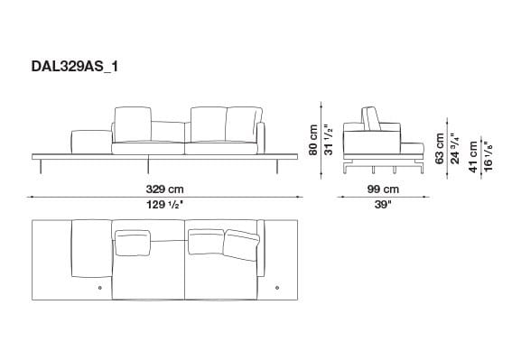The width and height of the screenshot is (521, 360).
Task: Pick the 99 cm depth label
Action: point(383,189)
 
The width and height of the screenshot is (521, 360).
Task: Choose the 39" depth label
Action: point(383,206)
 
